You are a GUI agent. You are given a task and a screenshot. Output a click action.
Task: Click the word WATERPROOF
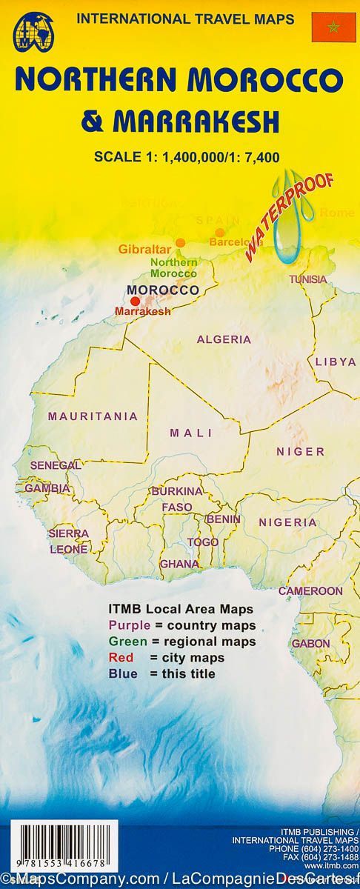coord(289,208)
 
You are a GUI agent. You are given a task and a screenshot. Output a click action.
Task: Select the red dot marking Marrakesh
coord(135,301)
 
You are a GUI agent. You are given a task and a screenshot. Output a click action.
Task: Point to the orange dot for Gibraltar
coord(180,242)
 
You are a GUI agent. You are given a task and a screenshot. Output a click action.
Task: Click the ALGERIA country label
coord(224,339)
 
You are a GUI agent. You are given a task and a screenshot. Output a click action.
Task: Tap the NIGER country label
coord(300,451)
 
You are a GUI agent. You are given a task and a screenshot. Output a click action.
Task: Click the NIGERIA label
coord(287,522)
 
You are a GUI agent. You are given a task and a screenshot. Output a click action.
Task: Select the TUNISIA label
coord(307,279)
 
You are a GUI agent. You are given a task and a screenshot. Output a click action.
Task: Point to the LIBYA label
coord(335,362)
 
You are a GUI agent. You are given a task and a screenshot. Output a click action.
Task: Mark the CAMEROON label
coord(310,591)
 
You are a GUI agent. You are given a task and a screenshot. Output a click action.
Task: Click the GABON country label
coord(310,644)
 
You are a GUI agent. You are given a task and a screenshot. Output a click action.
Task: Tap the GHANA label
coord(179,564)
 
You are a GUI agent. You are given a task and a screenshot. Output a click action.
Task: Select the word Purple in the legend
coord(125,625)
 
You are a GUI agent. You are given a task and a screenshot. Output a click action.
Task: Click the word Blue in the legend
coord(121,673)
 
